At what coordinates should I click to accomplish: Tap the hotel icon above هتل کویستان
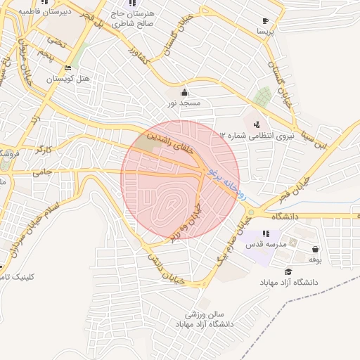67,67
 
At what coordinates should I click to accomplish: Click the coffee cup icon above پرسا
265,21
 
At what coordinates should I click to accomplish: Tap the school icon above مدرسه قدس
265,233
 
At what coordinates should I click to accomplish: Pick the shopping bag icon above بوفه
314,249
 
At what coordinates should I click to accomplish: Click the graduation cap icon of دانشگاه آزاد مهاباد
288,271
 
